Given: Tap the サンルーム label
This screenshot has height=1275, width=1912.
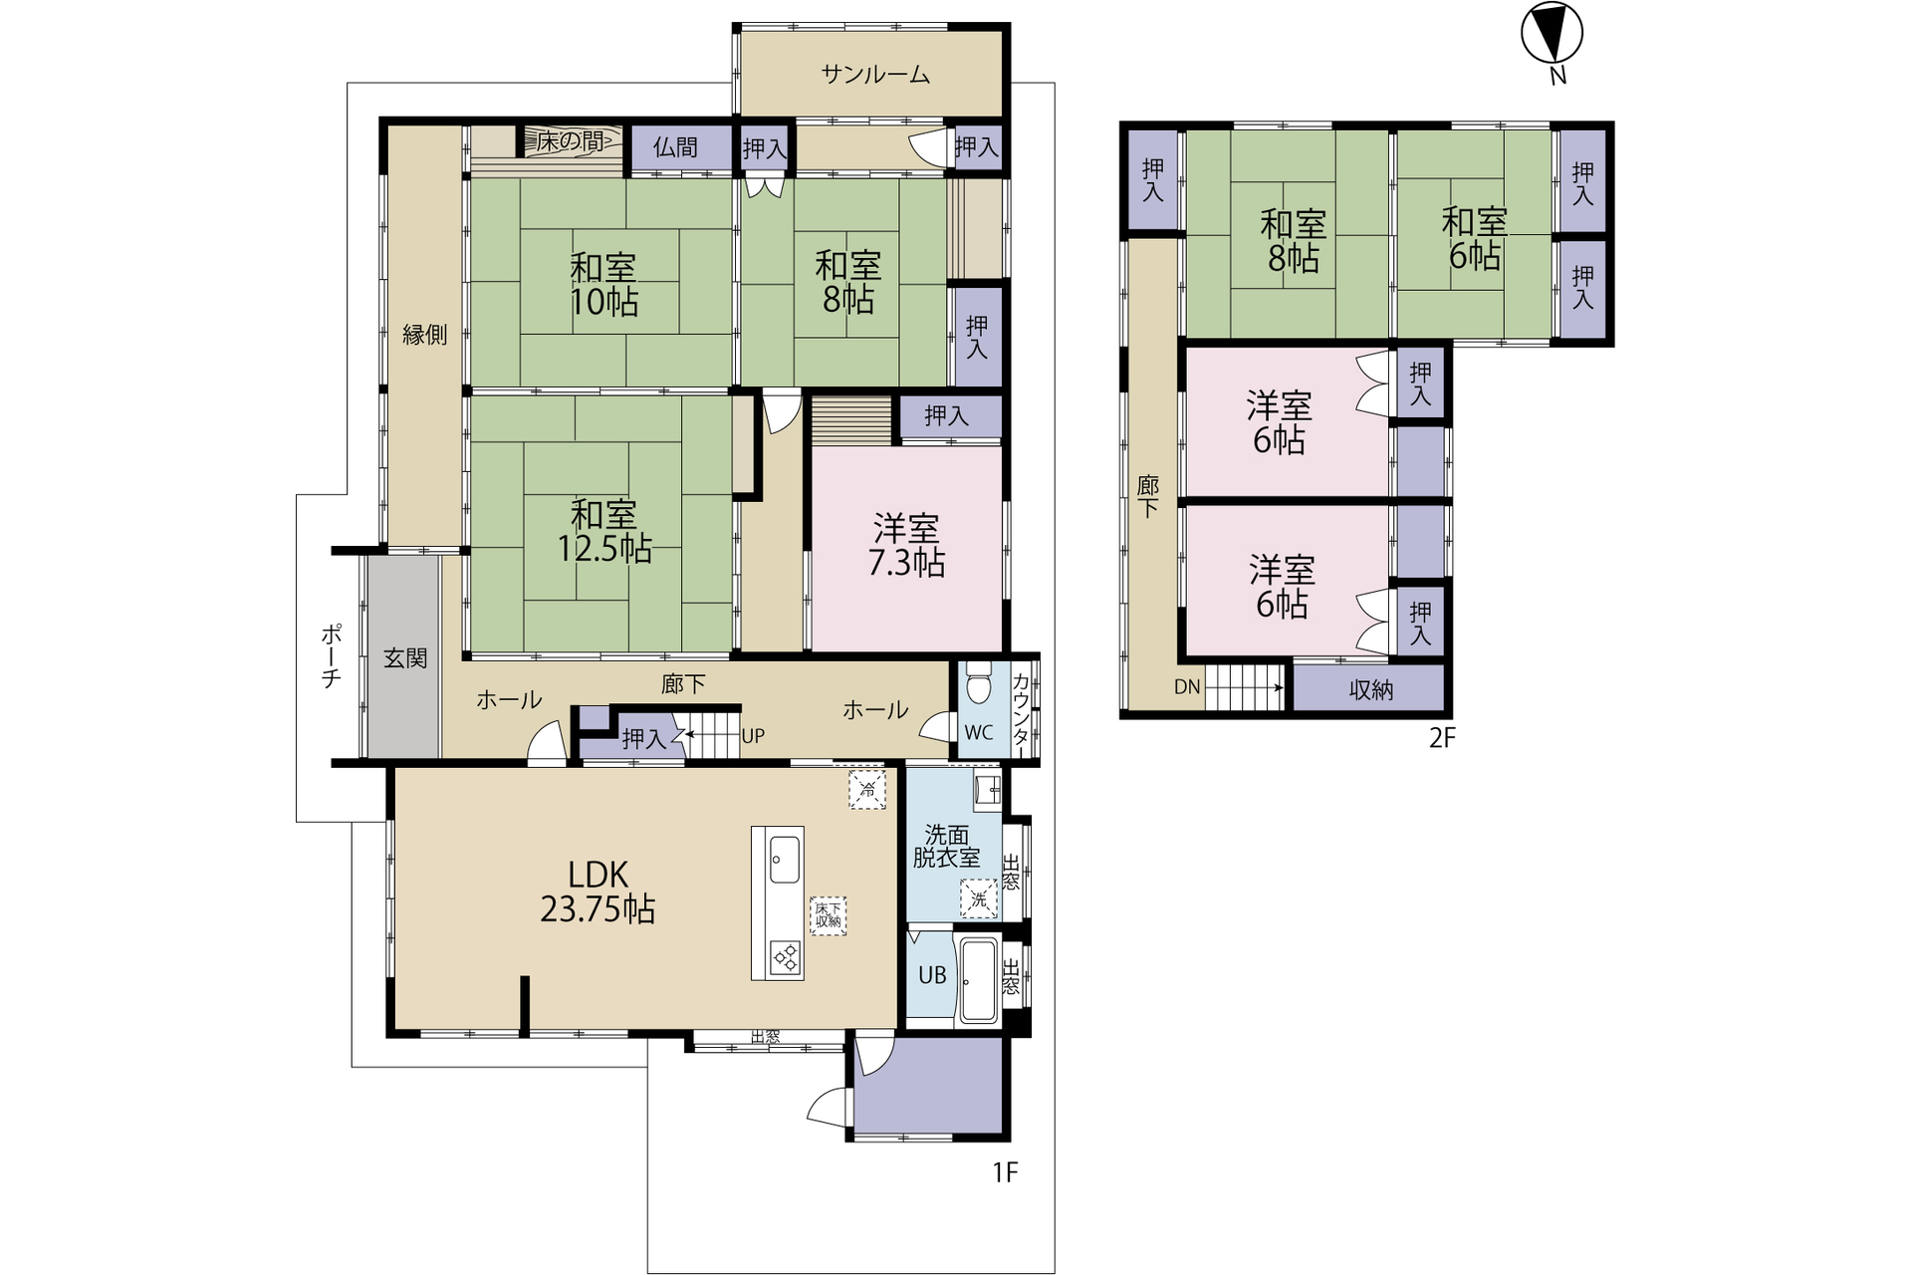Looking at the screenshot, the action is (875, 75).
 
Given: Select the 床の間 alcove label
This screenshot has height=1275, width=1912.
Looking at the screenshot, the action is (570, 142).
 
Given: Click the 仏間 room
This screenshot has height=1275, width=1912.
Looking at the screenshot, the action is (676, 148).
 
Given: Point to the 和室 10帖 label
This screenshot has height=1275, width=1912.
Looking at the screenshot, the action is (603, 285).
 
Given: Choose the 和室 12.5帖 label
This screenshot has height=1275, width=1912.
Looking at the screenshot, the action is (603, 532).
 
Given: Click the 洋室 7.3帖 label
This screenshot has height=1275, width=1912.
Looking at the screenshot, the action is (906, 546).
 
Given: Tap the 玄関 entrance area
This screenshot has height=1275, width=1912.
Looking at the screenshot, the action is (404, 657).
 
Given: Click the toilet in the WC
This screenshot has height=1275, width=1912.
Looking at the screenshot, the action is (979, 683).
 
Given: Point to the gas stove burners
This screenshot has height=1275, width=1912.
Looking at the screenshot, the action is (785, 957).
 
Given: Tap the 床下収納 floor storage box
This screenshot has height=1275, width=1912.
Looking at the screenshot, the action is (828, 914).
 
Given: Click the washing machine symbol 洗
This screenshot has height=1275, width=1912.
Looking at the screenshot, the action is (978, 899).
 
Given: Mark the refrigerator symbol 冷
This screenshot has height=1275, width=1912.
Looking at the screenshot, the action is (866, 789).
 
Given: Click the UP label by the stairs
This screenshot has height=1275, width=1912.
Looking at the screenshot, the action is (753, 736).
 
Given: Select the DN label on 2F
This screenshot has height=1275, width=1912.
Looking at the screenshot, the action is (1187, 686).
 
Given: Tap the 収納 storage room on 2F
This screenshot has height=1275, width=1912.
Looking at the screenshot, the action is (1369, 688).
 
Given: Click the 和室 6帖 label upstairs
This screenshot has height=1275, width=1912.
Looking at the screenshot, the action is (1475, 239).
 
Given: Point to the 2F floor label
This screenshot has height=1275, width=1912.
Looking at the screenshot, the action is (1442, 738).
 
